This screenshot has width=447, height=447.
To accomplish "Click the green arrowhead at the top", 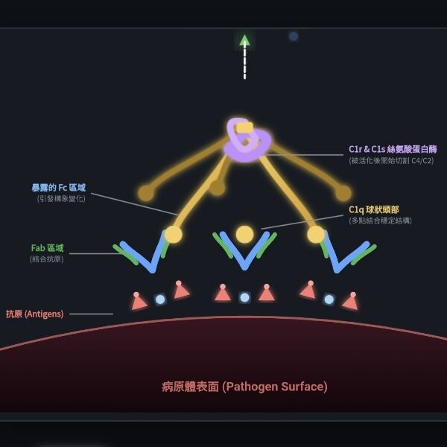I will pyautogui.click(x=244, y=40).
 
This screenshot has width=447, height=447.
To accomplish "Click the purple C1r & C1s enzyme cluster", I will pyautogui.click(x=247, y=141).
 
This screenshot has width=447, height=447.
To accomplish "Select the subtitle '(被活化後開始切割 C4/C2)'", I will pyautogui.click(x=390, y=161).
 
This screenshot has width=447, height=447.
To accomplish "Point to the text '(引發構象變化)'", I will pyautogui.click(x=61, y=199).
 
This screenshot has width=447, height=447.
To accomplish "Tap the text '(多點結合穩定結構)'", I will pyautogui.click(x=380, y=221).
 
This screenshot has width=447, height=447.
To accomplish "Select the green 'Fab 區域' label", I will pyautogui.click(x=47, y=248).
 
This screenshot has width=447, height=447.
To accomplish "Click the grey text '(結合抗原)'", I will pyautogui.click(x=47, y=259).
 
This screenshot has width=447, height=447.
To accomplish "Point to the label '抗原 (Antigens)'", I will pyautogui.click(x=35, y=314).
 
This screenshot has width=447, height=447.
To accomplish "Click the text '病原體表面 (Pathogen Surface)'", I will pyautogui.click(x=244, y=387).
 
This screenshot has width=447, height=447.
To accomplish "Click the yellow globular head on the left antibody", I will pyautogui.click(x=173, y=235).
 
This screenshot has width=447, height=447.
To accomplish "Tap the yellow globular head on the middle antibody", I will pyautogui.click(x=244, y=235).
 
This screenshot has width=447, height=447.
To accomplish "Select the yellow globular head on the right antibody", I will pyautogui.click(x=316, y=235).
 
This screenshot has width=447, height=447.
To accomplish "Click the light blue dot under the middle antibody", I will pyautogui.click(x=244, y=297).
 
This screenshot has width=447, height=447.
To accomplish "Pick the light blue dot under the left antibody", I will pyautogui.click(x=160, y=299).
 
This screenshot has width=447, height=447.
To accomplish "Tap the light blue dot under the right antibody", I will pyautogui.click(x=329, y=299).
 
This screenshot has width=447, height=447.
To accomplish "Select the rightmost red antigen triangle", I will pyautogui.click(x=350, y=302).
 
